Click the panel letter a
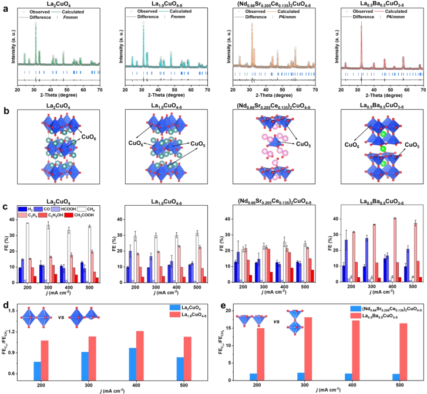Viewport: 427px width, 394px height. [4, 5]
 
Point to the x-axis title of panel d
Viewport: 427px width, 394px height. [115, 390]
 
